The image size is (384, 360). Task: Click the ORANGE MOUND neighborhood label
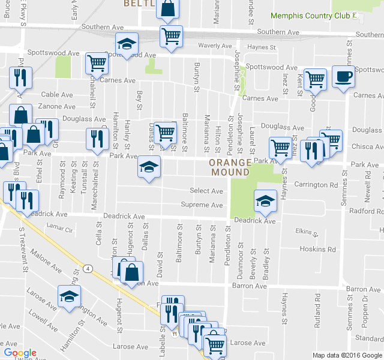[x=230, y=167]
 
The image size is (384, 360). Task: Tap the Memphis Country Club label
[x=310, y=15]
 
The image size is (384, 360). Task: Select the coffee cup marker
[x=343, y=77]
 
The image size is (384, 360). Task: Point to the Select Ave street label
[x=206, y=191]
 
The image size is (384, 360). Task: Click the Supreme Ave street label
[x=202, y=205]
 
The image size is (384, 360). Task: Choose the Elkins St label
[x=307, y=231]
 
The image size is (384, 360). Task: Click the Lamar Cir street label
[x=59, y=229]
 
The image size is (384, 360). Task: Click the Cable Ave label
[x=57, y=94]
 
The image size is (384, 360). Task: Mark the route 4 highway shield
[x=88, y=268]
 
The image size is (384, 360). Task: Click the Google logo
[x=20, y=353]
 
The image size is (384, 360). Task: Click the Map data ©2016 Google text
[x=347, y=355]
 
